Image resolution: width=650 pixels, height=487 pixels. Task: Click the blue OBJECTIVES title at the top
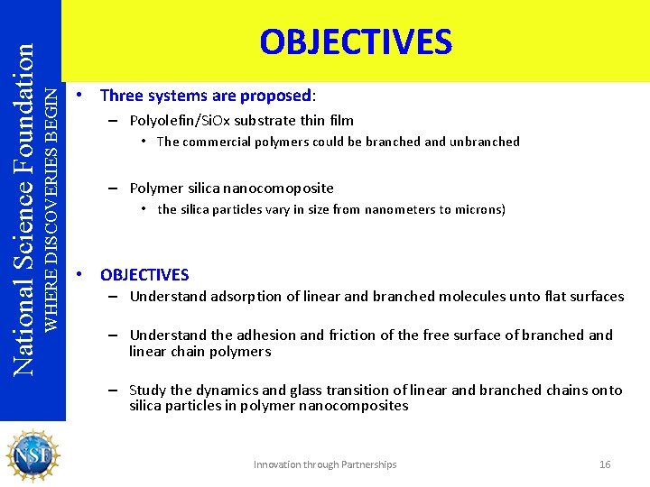click(x=356, y=41)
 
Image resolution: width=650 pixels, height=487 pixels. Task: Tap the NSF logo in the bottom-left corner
click(x=32, y=455)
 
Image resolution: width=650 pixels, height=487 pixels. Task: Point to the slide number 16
click(x=605, y=464)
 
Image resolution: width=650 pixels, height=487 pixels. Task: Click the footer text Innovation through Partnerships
click(x=325, y=464)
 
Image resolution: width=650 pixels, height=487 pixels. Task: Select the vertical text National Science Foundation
click(x=24, y=198)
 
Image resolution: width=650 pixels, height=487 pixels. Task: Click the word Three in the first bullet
click(x=119, y=95)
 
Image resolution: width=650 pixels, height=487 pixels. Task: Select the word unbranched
click(x=485, y=142)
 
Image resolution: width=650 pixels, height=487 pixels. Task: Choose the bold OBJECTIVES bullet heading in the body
click(x=144, y=274)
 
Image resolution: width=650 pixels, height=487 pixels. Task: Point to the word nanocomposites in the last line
click(x=358, y=406)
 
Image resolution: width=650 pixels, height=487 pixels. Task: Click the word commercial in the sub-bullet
click(x=217, y=142)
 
